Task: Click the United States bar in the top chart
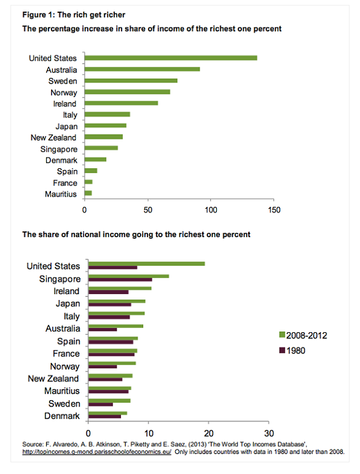point(171,58)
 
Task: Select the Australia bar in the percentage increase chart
point(142,69)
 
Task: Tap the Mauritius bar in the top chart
point(88,193)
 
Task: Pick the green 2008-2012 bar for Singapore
point(129,276)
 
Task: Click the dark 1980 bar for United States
point(113,268)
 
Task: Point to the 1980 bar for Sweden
point(101,405)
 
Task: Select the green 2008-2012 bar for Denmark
point(108,413)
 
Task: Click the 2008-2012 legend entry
point(303,336)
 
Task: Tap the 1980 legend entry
point(292,351)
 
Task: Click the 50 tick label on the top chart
point(148,210)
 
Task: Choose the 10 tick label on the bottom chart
point(149,433)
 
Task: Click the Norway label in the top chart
point(64,93)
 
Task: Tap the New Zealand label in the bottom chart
point(53,379)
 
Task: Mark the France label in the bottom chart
point(66,354)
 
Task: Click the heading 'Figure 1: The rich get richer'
point(74,15)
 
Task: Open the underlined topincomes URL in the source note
point(97,452)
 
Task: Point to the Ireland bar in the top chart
point(121,103)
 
